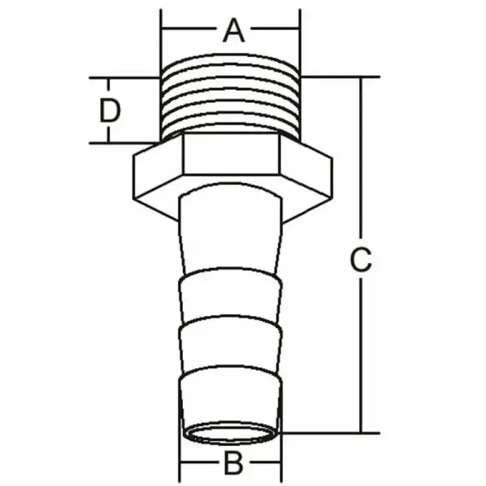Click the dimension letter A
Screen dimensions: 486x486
pyautogui.click(x=233, y=30)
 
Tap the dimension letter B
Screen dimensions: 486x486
pyautogui.click(x=234, y=465)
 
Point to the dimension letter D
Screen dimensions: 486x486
pyautogui.click(x=110, y=111)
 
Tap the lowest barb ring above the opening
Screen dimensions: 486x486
pyautogui.click(x=231, y=395)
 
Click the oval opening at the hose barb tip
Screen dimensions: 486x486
pyautogui.click(x=231, y=435)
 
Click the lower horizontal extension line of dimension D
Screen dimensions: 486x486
pyautogui.click(x=122, y=143)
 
